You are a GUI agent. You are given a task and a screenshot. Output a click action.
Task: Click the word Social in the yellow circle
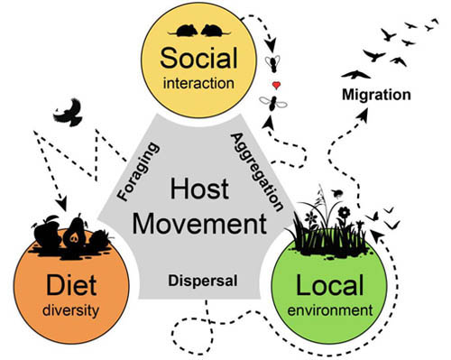pos(201,60)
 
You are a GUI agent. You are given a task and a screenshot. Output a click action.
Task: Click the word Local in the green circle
pos(333,287)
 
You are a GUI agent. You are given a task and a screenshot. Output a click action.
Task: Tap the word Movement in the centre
pos(200,222)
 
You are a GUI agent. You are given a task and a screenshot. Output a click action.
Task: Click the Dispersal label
pos(203,280)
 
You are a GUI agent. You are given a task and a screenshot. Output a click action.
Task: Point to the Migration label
pos(377,94)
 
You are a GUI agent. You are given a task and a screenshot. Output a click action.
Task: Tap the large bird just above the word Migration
pos(355,74)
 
